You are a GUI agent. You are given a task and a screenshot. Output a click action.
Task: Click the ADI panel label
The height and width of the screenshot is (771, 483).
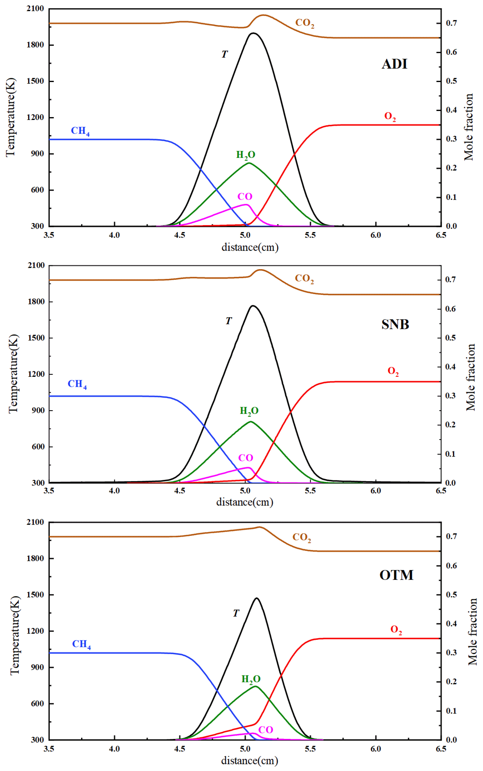coord(394,64)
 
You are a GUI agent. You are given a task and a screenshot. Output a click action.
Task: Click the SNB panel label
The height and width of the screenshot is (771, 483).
coord(395,325)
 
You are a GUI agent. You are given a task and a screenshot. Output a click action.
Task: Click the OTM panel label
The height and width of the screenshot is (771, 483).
coord(396,575)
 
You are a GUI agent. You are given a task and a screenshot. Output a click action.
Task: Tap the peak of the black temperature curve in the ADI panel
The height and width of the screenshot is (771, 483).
coord(253,33)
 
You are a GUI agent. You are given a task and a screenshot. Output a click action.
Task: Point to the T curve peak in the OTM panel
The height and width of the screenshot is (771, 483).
coord(257,598)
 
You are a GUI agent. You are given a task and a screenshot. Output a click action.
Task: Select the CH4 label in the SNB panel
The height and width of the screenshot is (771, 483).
coord(77,384)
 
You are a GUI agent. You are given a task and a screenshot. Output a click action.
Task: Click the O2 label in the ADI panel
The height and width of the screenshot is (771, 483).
coord(390,117)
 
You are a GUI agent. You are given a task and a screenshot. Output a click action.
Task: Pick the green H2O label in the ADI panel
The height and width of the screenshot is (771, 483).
coord(246,155)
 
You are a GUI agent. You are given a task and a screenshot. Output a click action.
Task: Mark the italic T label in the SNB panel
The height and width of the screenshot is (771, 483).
coord(228,321)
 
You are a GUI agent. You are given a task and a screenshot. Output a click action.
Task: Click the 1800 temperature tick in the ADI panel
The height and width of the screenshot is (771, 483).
coord(35,45)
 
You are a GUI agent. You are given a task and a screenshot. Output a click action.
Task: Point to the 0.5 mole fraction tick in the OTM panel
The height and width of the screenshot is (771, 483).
coord(451,595)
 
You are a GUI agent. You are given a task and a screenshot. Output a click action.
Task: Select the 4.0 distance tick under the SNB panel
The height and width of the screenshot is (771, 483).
coord(114,491)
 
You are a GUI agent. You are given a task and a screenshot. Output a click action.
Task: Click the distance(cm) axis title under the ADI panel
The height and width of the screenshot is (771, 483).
coord(250,247)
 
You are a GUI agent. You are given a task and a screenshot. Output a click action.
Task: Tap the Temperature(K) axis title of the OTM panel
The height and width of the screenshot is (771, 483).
coord(15,635)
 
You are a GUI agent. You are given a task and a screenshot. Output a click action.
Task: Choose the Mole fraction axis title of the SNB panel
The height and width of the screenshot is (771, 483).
coord(471,377)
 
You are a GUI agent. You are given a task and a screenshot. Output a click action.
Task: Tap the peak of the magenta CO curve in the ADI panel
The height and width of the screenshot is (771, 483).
coord(246,204)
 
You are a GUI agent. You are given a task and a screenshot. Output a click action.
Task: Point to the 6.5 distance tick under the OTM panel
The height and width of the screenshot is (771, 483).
coord(441,749)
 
